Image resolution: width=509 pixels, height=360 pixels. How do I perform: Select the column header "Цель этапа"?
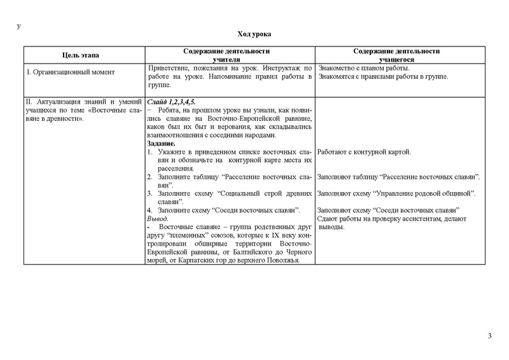81,56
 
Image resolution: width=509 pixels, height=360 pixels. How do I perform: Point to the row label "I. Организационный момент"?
69,73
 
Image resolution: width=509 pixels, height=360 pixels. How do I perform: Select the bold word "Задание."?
162,144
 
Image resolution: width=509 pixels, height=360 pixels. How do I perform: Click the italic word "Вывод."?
158,218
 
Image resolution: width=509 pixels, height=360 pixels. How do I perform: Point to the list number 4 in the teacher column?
149,210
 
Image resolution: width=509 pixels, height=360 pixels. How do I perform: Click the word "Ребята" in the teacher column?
171,110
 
